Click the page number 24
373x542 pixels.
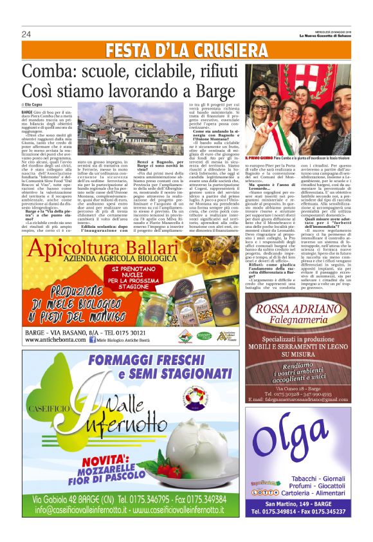[x=26, y=34]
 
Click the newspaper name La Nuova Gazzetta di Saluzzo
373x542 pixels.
[x=334, y=35]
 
